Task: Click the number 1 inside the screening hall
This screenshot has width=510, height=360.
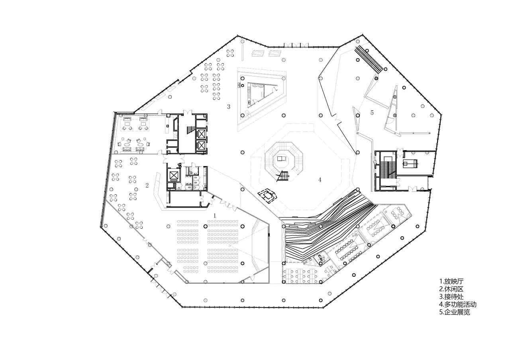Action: pos(215,215)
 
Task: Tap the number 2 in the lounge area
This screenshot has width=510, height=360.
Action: pos(147,185)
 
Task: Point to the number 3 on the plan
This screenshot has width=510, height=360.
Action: pos(229,106)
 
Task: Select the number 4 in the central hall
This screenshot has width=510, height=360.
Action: pos(320,180)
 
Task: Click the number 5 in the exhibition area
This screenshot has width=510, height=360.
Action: pos(372,113)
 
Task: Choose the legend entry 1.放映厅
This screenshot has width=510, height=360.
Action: pos(451,281)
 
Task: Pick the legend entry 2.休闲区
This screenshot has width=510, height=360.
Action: pos(451,289)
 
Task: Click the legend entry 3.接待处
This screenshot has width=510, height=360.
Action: pos(451,297)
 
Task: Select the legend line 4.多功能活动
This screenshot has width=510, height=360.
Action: pos(458,305)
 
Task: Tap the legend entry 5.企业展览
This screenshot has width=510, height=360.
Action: pos(455,312)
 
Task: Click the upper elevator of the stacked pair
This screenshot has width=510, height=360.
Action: pos(201,133)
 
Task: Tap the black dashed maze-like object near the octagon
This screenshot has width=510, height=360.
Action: pos(268,196)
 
